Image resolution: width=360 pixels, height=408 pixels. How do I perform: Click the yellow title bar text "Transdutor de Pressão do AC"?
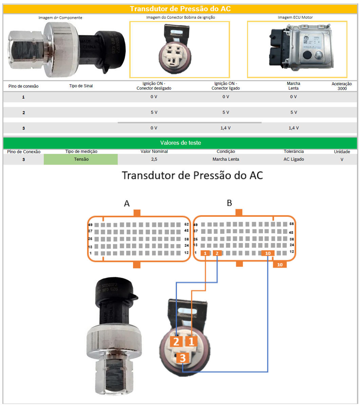[x=180, y=9]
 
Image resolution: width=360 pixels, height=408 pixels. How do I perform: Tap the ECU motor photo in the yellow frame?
[x=297, y=49]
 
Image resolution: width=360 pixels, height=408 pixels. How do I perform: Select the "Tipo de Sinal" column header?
[x=81, y=86]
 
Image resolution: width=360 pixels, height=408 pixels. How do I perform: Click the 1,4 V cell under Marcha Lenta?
[x=293, y=128]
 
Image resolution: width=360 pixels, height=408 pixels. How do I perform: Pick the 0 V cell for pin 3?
[x=154, y=128]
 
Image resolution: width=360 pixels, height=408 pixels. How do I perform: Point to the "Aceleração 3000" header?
[x=342, y=86]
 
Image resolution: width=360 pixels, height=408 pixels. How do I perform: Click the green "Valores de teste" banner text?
[x=180, y=143]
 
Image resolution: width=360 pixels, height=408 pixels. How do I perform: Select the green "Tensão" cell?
[x=81, y=159]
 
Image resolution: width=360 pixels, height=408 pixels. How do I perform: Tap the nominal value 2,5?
[x=154, y=159]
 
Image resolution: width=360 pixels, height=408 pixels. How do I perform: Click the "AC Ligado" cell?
[x=293, y=159]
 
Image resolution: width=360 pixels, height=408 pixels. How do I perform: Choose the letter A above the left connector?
[x=127, y=203]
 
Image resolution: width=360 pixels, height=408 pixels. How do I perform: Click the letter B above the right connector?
[x=229, y=203]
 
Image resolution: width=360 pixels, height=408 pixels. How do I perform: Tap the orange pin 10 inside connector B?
[x=268, y=253]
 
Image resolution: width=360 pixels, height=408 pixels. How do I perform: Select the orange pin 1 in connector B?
[x=206, y=253]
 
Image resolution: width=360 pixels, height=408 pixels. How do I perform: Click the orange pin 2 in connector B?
[x=217, y=253]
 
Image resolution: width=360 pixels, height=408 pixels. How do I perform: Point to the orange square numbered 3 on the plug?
[x=183, y=357]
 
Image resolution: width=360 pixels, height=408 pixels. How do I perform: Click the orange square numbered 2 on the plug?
[x=176, y=341]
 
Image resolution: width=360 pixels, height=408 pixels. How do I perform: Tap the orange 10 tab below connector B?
[x=280, y=265]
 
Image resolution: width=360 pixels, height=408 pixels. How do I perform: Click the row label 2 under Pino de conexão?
[x=23, y=112]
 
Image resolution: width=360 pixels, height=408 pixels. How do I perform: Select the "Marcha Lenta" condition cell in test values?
[x=226, y=159]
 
